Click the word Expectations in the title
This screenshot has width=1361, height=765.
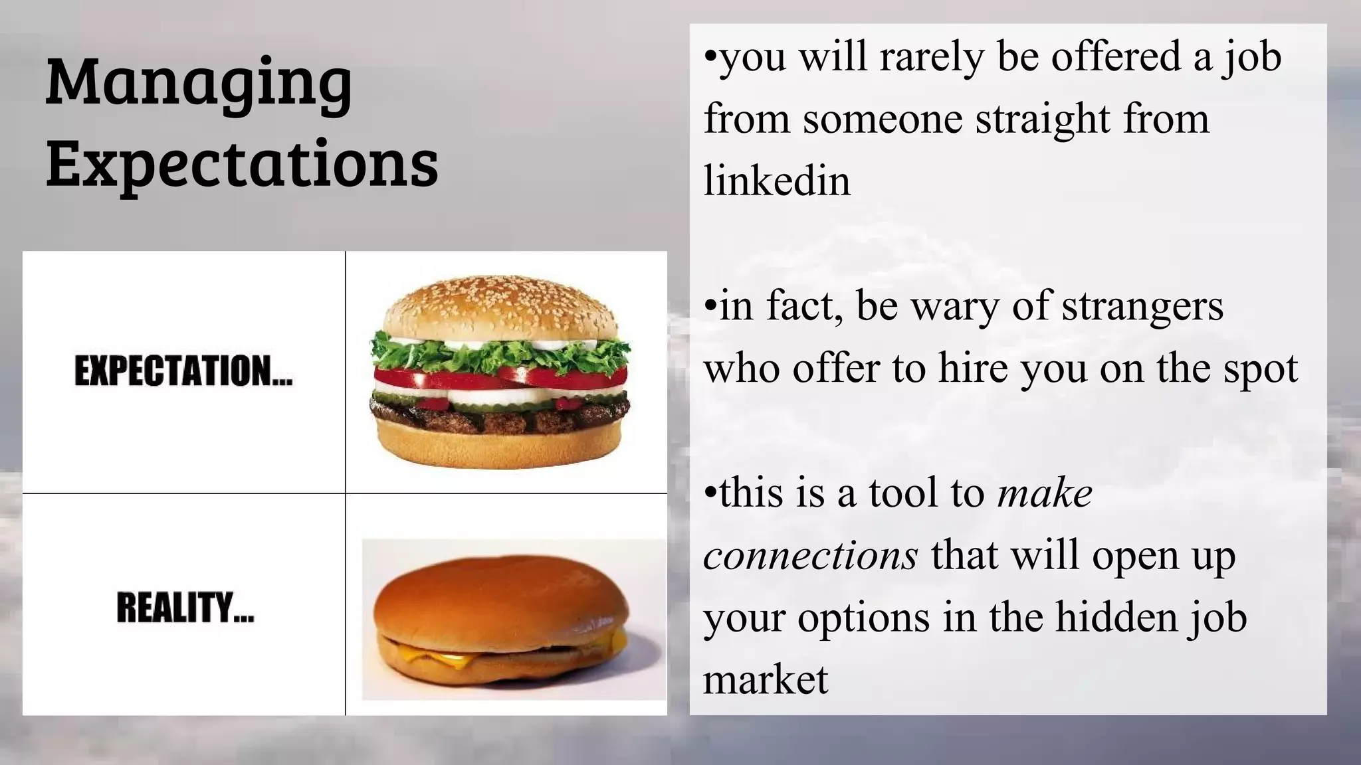(243, 162)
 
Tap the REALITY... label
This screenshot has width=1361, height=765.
(185, 608)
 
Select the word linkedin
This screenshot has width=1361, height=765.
(777, 181)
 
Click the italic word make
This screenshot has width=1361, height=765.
(1045, 493)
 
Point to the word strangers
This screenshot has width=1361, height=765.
(1142, 307)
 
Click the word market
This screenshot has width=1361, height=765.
(766, 679)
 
